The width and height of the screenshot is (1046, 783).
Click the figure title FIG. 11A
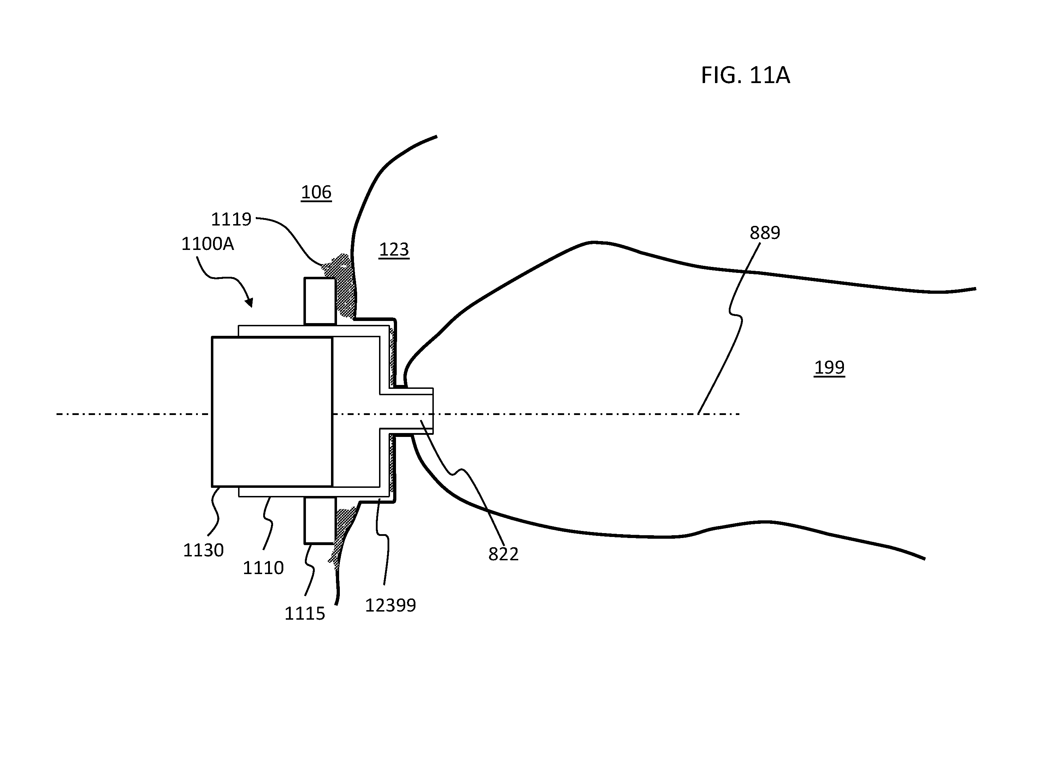point(745,75)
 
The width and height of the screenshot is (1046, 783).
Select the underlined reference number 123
point(394,249)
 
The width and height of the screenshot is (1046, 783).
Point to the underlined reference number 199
point(829,367)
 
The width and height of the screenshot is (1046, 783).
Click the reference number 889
point(765,233)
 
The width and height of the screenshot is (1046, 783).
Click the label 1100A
point(208,244)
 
